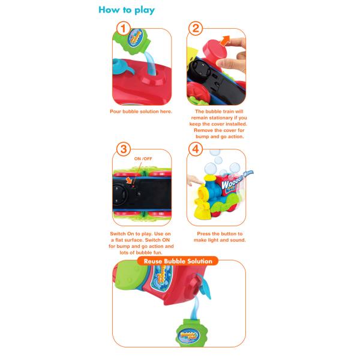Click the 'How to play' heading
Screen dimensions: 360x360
[127, 10]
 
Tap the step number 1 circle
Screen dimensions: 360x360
[123, 28]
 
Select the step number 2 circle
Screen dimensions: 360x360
[196, 28]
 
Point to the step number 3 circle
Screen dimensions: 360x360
[123, 149]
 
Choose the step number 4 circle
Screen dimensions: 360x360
[196, 149]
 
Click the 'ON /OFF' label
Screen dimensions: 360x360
[143, 158]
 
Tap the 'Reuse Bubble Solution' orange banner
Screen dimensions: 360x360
[178, 261]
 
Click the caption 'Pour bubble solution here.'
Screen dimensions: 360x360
[141, 112]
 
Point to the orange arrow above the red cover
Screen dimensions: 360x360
[225, 41]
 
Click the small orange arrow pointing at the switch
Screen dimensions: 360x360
[129, 181]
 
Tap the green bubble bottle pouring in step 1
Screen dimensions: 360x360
[133, 41]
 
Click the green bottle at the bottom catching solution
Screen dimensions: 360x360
[191, 332]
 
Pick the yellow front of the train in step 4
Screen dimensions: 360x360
[203, 202]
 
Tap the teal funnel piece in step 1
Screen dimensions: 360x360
[122, 67]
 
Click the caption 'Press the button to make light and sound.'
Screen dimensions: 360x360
[220, 237]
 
